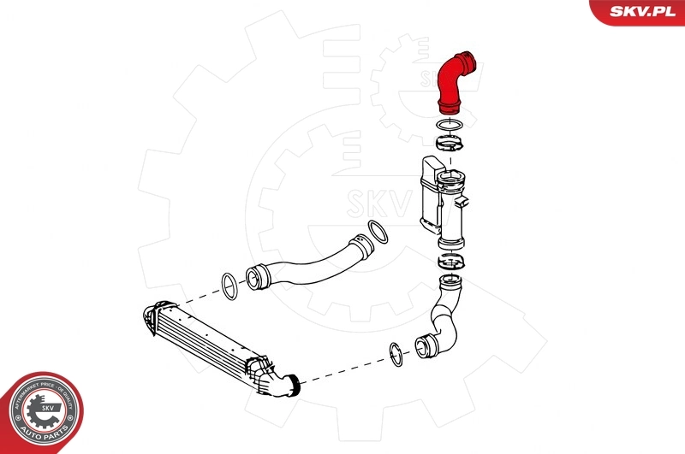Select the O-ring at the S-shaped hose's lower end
(x=396, y=354)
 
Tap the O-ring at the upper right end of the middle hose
(x=378, y=233)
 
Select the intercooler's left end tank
(x=147, y=316)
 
